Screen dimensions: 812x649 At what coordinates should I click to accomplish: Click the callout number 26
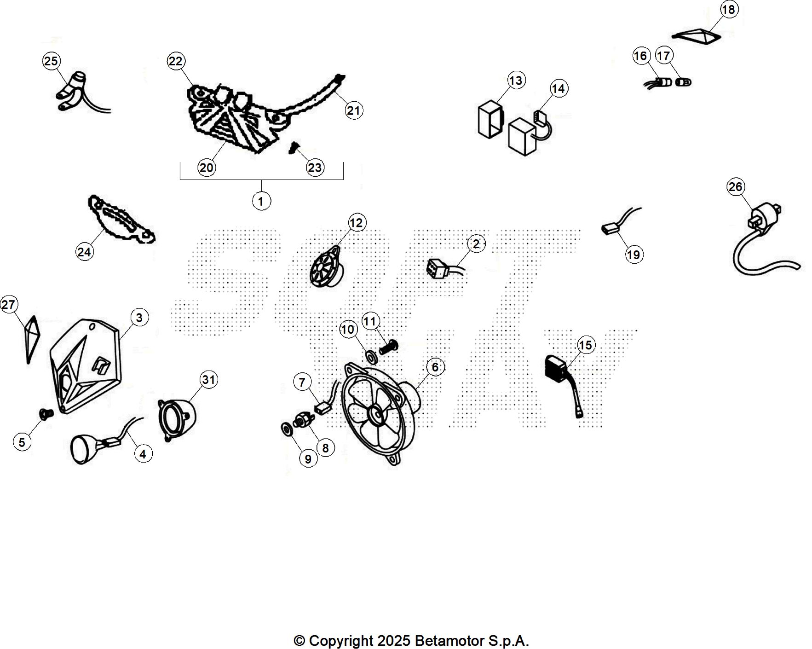pos(736,186)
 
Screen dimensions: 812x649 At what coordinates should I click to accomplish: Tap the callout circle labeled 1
pos(261,201)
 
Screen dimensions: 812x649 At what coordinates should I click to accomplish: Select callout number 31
pos(208,380)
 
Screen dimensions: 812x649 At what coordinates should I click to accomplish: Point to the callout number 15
pos(585,345)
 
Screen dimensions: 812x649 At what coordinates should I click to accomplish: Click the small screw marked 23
pos(294,148)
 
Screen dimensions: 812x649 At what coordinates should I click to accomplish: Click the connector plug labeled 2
pos(438,268)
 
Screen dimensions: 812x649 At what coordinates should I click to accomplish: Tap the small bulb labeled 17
pos(683,82)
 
